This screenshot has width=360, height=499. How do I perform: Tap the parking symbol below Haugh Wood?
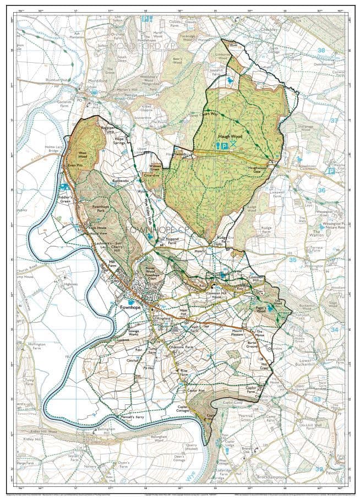[x=225, y=145]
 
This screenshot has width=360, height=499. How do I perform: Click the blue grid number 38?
[x=321, y=50]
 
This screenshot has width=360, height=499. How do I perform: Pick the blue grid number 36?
[x=321, y=190]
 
